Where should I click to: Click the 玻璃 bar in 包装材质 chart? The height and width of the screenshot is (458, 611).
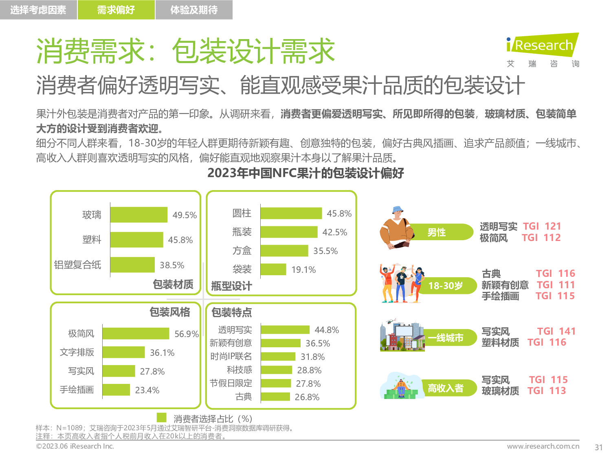[138, 215]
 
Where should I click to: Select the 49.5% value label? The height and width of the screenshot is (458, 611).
[185, 215]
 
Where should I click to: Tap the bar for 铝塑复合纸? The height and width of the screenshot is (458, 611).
[132, 265]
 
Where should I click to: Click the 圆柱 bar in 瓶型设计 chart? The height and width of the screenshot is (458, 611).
[291, 213]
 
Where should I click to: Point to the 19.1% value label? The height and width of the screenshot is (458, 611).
[303, 270]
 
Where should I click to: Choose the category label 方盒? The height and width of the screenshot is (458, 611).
[242, 251]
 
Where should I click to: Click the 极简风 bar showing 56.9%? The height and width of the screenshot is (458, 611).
[136, 333]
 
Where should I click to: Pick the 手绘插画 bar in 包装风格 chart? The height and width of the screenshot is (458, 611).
[116, 390]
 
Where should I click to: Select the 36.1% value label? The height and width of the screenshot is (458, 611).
[162, 353]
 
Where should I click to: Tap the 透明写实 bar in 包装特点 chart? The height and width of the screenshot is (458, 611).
[285, 330]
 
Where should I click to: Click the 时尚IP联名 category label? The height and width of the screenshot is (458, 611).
[231, 357]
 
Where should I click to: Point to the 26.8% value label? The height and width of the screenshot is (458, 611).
[307, 397]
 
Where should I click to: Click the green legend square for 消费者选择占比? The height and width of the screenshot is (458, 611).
[162, 418]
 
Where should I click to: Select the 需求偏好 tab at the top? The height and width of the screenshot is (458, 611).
[116, 10]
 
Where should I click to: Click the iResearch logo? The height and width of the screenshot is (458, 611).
[543, 45]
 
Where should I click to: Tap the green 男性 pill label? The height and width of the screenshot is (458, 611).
[437, 232]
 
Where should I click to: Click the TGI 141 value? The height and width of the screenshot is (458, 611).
[556, 331]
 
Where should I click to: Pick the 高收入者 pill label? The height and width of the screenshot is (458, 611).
[446, 388]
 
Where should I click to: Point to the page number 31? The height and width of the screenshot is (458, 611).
[598, 447]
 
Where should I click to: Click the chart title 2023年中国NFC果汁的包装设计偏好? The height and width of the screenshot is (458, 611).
[305, 173]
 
